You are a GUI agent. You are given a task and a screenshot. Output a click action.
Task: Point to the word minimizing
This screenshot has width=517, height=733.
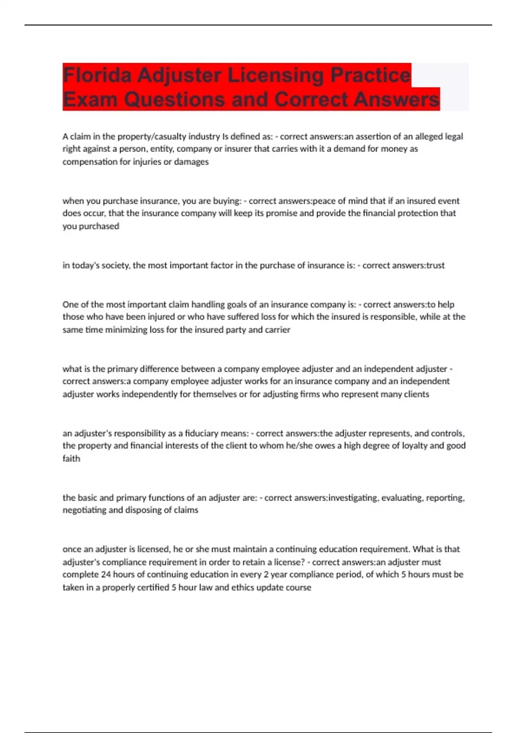pyautogui.click(x=127, y=330)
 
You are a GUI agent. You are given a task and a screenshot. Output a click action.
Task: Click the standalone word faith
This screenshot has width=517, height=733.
pyautogui.click(x=71, y=459)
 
